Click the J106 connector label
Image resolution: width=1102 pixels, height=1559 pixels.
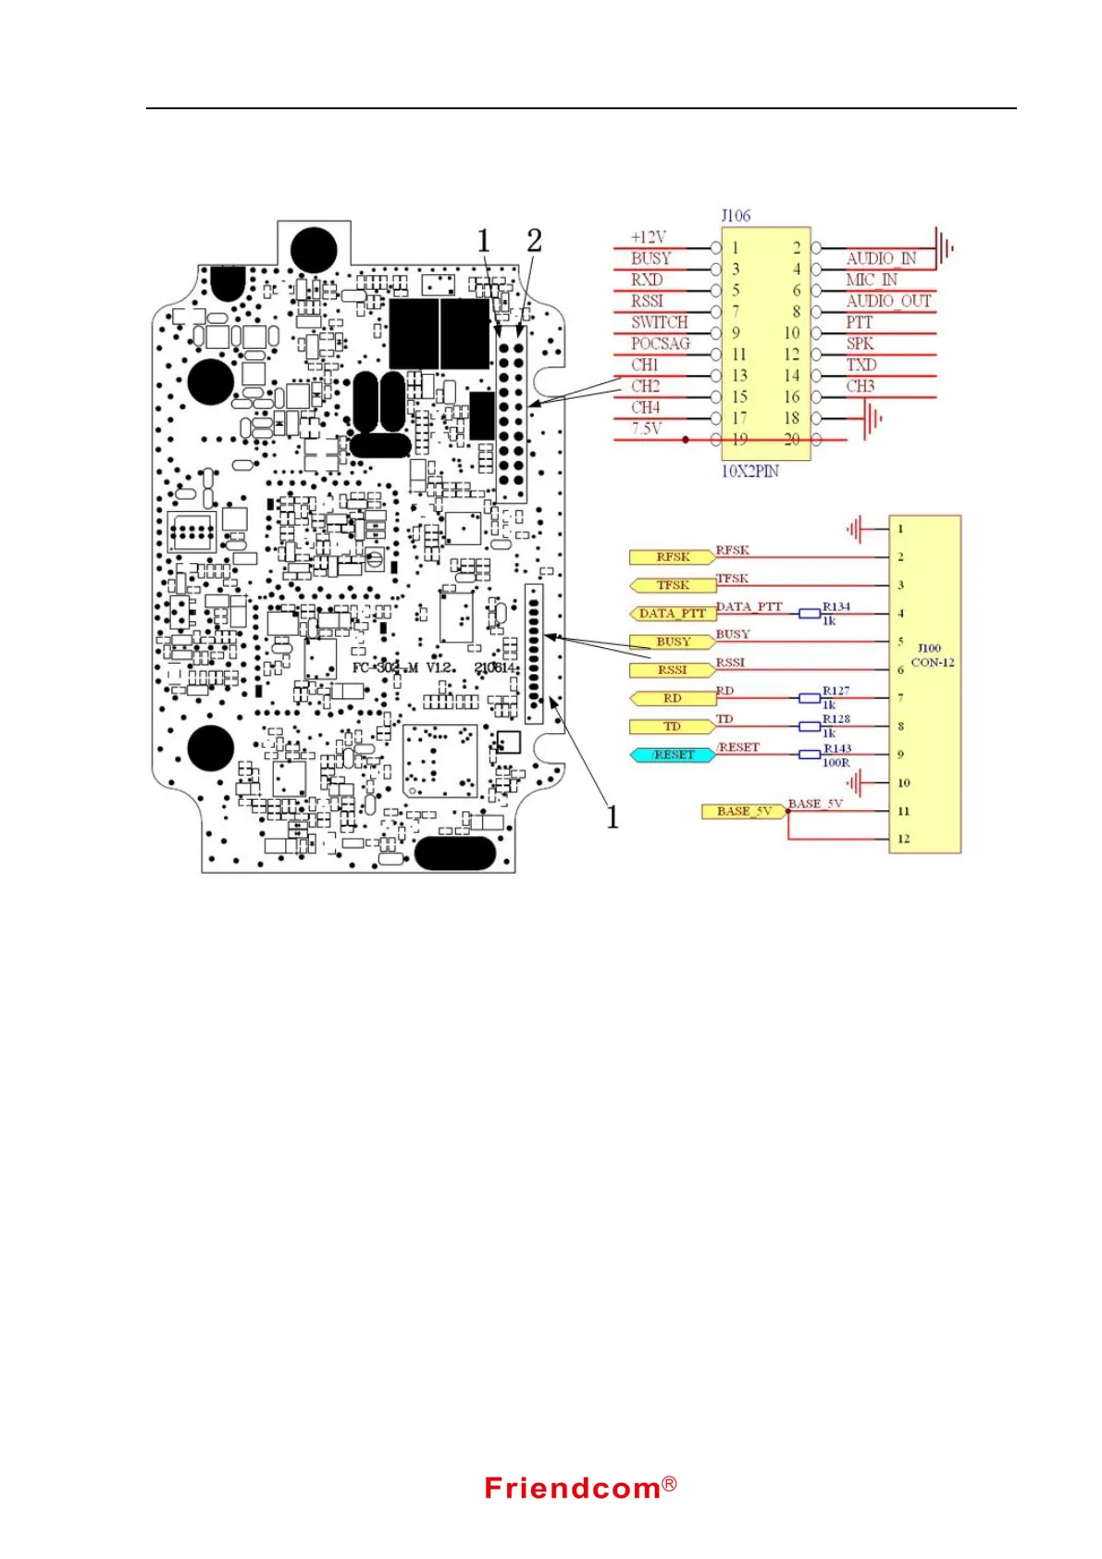click(736, 216)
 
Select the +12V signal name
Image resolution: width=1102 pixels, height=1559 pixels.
click(648, 237)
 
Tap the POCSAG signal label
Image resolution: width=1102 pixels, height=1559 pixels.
click(660, 343)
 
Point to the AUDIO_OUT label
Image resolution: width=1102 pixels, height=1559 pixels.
click(887, 301)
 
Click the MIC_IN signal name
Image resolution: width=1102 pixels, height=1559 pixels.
click(871, 280)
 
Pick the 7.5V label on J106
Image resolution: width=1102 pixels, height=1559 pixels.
click(646, 429)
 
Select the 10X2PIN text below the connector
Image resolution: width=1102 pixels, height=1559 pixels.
click(749, 471)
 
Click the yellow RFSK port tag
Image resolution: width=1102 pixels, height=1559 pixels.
click(672, 557)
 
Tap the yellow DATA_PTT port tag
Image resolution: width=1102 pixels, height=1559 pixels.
click(672, 614)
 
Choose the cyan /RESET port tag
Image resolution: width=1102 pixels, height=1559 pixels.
click(673, 755)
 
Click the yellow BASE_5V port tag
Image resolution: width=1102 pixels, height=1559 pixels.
click(743, 812)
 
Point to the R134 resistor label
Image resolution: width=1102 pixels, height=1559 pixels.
click(836, 606)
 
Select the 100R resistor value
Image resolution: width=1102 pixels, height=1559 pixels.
click(836, 763)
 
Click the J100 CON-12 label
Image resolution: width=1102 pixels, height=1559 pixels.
click(932, 655)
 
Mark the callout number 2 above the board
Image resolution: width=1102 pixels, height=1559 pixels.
click(534, 241)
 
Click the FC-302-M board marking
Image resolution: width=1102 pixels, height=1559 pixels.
click(385, 667)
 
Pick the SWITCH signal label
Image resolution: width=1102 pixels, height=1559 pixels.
click(659, 322)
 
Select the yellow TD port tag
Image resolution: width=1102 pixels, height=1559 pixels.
click(672, 727)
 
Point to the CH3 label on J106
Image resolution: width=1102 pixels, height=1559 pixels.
click(860, 386)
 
